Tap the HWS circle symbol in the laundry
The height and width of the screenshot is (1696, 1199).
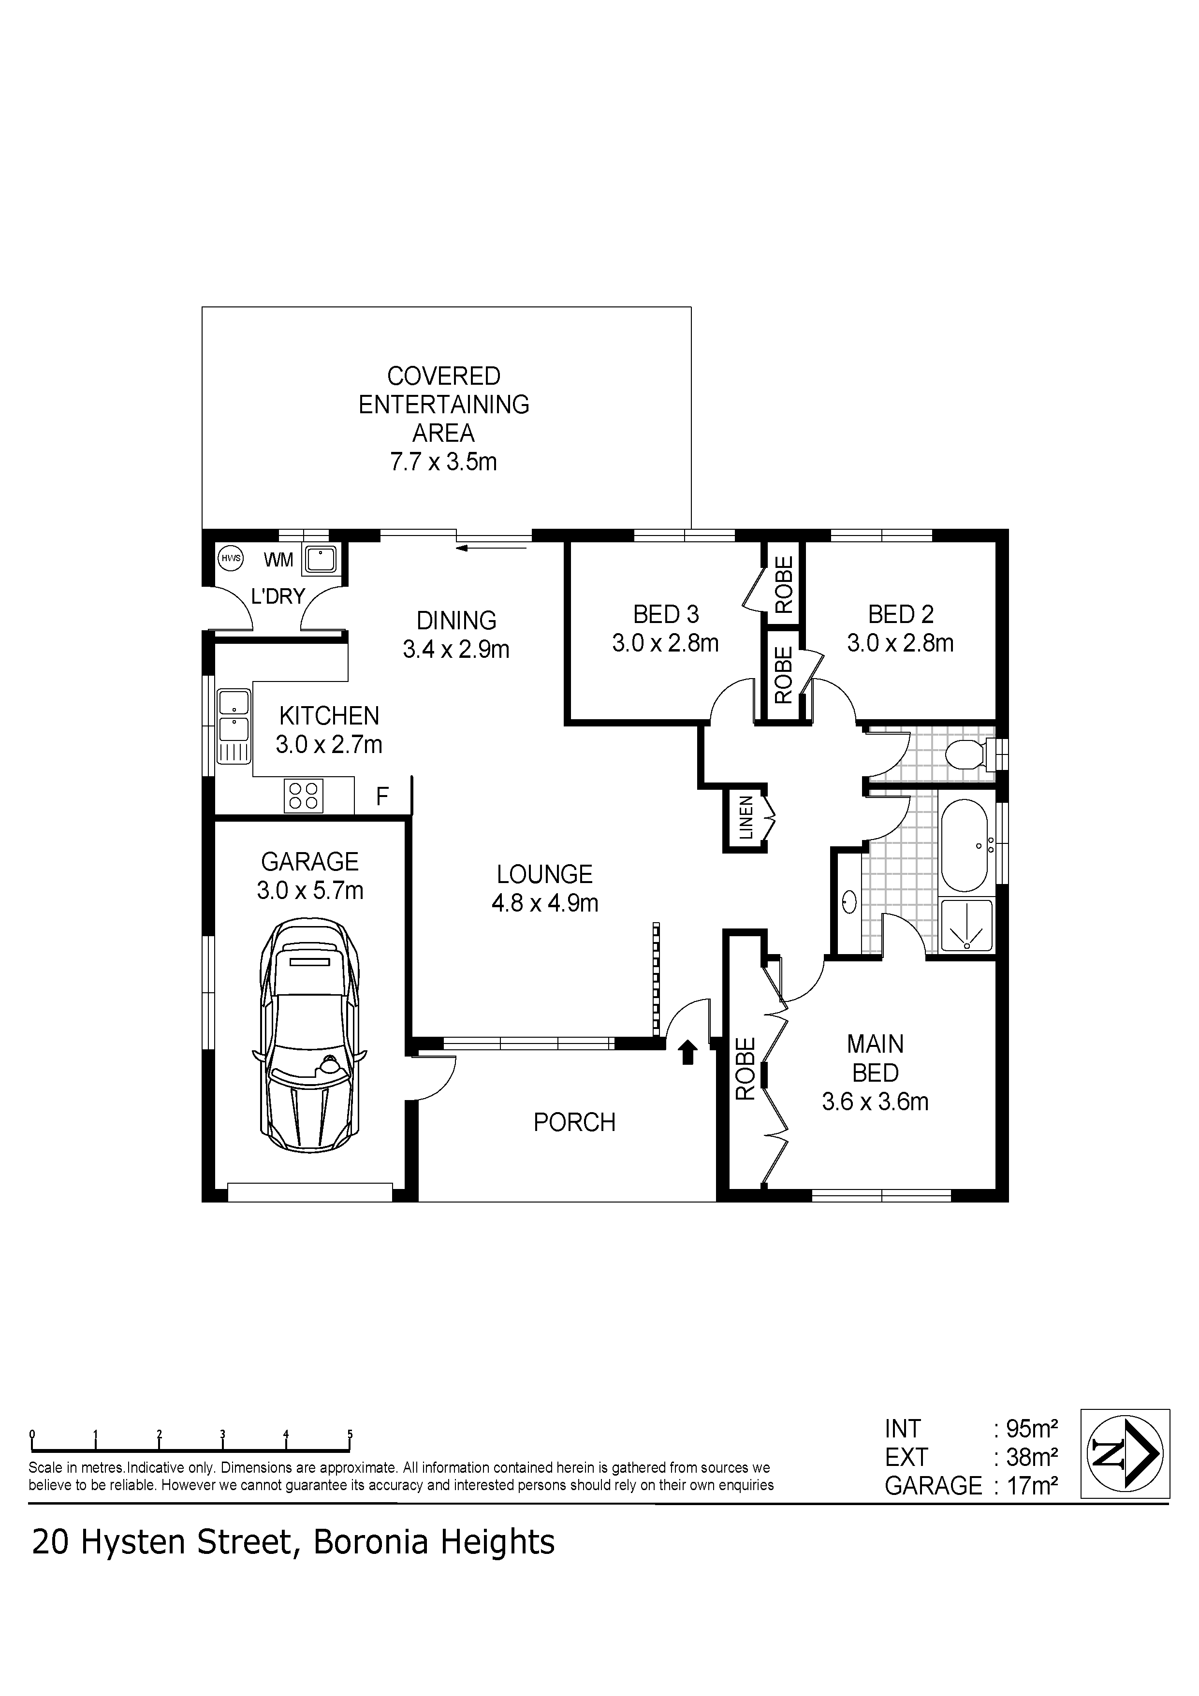231,558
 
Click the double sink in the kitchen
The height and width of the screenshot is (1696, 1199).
234,726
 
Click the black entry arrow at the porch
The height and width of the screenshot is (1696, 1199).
688,1052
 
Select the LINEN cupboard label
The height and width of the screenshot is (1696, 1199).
746,818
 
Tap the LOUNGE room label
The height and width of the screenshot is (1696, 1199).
544,875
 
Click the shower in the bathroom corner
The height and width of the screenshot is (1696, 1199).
967,923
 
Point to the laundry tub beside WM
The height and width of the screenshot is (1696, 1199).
322,559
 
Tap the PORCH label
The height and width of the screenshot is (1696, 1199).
574,1123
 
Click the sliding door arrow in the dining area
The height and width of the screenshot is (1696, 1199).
492,547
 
